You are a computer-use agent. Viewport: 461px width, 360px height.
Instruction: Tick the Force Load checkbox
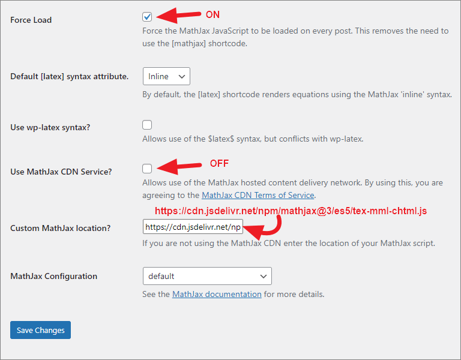[147, 17]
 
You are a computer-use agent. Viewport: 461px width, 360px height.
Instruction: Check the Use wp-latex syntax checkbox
[147, 125]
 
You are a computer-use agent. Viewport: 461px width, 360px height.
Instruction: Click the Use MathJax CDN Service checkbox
[147, 169]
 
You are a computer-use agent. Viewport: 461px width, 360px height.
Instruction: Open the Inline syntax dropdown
[166, 76]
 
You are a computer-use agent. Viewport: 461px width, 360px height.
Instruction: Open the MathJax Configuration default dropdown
[207, 276]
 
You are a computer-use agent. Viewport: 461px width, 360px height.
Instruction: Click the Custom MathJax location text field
[193, 227]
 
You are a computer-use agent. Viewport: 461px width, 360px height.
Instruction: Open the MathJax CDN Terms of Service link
[258, 195]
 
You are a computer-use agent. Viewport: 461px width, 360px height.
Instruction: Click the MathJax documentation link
[217, 294]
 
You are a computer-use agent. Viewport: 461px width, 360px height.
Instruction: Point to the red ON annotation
[212, 14]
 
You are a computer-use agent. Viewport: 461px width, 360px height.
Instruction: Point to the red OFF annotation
[219, 163]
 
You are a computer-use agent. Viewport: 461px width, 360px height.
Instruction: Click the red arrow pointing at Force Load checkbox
[178, 15]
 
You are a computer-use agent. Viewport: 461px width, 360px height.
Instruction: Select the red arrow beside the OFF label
[179, 166]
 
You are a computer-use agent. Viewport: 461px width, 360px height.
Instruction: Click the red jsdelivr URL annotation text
[291, 211]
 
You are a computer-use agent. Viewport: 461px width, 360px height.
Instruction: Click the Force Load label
[31, 20]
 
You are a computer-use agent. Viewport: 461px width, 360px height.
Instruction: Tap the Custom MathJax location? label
[60, 228]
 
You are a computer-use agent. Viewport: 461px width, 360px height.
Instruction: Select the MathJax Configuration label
[54, 276]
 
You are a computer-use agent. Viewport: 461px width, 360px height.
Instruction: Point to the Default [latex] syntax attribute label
[70, 76]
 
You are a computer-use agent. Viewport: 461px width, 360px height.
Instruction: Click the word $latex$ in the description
[221, 139]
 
